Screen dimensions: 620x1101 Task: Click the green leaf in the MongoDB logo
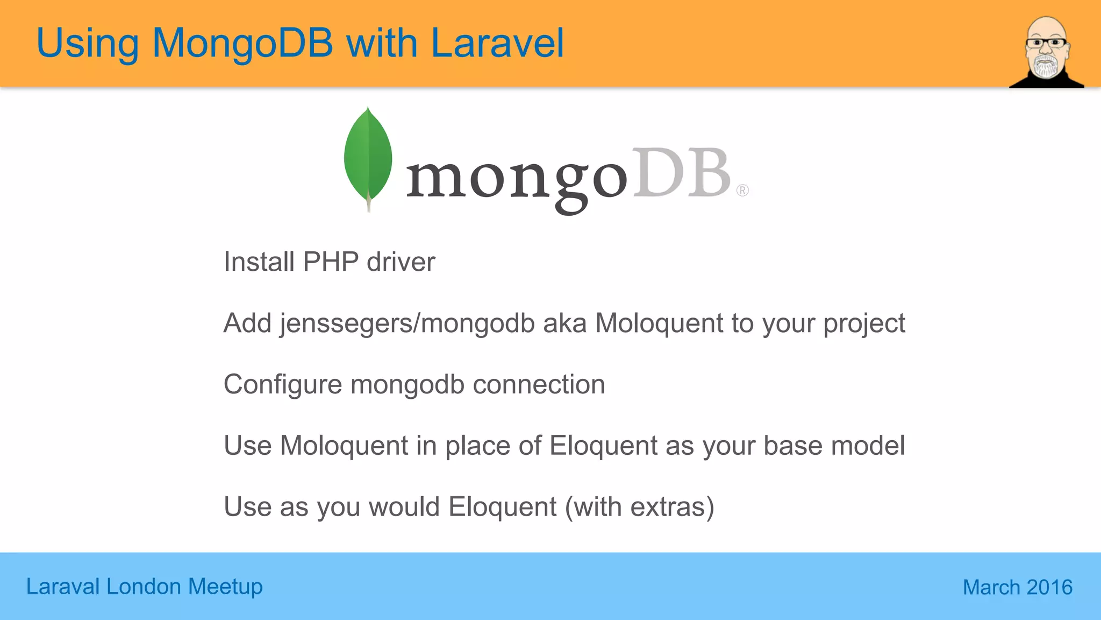368,156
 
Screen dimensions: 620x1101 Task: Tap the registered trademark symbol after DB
742,191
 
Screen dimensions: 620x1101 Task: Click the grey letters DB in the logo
681,173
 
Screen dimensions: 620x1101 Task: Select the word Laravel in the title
497,43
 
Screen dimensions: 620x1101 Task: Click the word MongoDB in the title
242,43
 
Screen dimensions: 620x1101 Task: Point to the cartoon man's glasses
1046,43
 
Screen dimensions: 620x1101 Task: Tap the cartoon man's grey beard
1046,66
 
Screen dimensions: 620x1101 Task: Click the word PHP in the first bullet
331,262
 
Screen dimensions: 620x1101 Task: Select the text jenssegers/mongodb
407,323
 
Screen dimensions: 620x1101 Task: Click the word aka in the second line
564,323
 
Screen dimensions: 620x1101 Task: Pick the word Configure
283,385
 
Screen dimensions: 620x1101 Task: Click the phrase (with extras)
639,507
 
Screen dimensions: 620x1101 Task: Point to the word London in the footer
144,587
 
